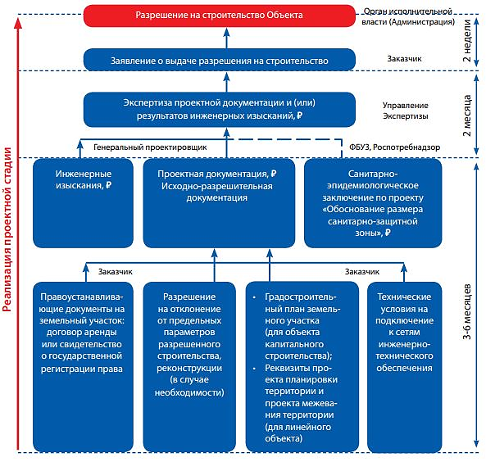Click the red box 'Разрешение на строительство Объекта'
pos(220,16)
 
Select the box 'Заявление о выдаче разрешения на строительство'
pos(220,60)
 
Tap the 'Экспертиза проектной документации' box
pos(220,110)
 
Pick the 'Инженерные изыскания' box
pos(83,203)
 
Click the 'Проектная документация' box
pos(219,203)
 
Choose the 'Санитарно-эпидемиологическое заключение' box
pos(373,203)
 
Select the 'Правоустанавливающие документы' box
pos(83,366)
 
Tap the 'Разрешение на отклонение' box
pos(189,366)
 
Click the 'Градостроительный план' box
pos(302,366)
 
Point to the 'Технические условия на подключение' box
pos(405,366)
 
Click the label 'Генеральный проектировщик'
pos(150,147)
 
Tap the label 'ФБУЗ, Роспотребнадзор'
pos(394,147)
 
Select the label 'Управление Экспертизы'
pos(406,111)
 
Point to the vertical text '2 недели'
pos(467,40)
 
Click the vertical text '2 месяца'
pos(467,115)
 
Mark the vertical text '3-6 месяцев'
pos(467,311)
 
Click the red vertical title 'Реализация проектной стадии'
pos(7,230)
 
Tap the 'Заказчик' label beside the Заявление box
pos(404,58)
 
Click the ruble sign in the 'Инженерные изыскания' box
pos(108,185)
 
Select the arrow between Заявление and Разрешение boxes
pos(226,38)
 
